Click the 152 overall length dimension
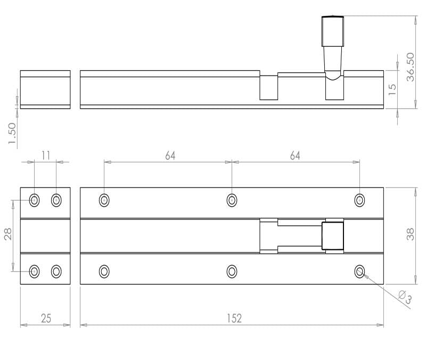(234, 318)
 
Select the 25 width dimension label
(46, 318)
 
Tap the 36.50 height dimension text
(410, 67)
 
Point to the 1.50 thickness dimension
(12, 134)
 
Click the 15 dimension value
(392, 89)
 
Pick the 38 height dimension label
(410, 234)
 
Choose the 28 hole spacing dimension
(8, 234)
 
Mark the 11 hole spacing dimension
(46, 156)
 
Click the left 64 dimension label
(170, 156)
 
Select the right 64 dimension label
(295, 156)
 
